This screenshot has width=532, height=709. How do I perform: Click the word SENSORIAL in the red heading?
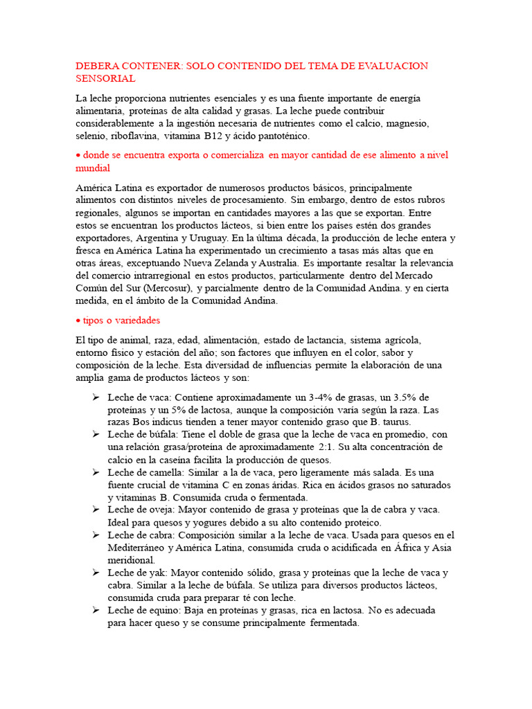pos(105,79)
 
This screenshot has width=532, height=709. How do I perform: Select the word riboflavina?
pos(134,136)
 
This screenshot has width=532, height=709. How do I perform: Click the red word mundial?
pos(93,168)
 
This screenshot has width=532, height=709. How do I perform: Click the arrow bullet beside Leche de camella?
pos(96,472)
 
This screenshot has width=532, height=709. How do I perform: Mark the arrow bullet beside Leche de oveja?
pos(96,510)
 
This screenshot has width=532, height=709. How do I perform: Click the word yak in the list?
pos(157,573)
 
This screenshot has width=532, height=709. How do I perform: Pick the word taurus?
pos(394,422)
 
